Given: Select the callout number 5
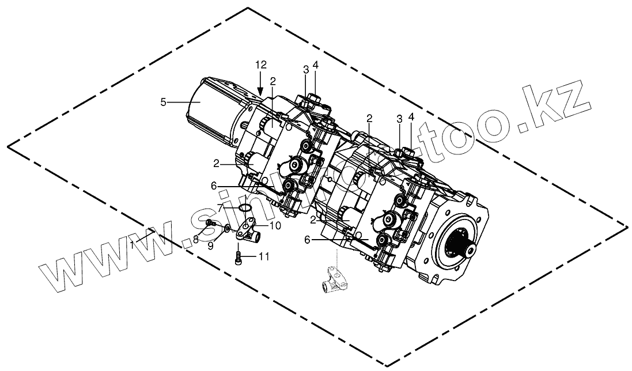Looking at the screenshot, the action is coord(164,102).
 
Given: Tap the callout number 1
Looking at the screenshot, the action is coord(133,245).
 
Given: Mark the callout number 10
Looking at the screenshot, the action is coord(275,226).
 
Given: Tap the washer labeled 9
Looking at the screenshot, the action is coord(228,228).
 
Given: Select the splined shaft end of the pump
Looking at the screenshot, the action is coord(467,249).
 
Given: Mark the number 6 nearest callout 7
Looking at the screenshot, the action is coord(213,186).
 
